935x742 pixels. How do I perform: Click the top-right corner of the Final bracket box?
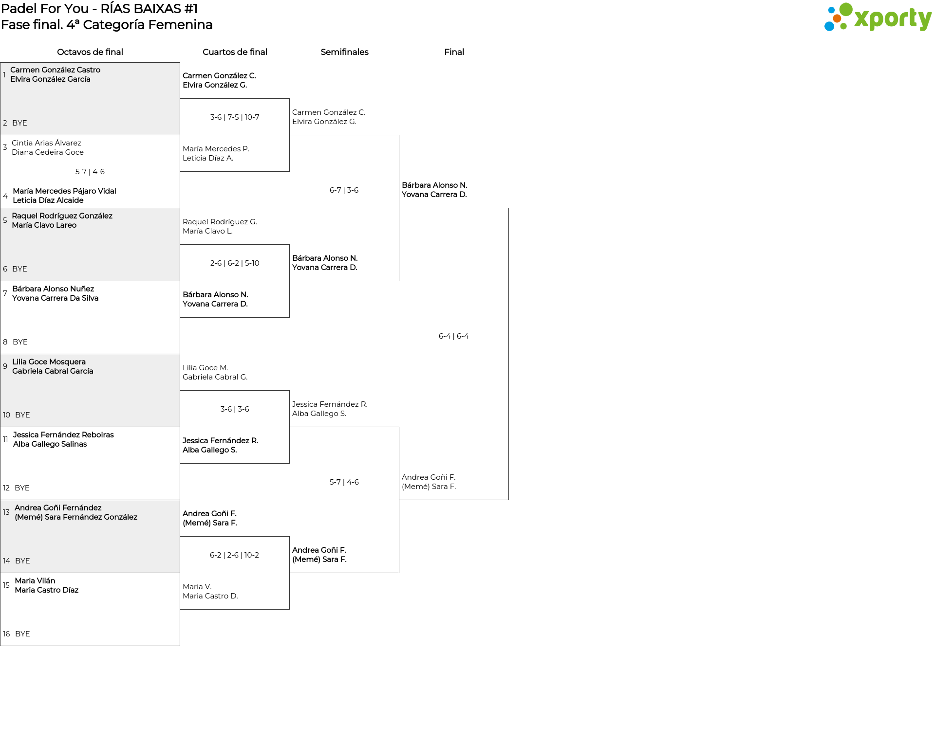click(x=508, y=208)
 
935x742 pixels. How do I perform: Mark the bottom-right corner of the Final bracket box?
click(x=508, y=500)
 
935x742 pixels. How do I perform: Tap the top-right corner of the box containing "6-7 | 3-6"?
click(x=399, y=135)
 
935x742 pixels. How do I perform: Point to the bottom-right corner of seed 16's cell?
click(x=180, y=646)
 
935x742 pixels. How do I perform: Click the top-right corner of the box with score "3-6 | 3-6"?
click(x=289, y=391)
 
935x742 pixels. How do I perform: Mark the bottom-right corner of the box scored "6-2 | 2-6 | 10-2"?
click(x=289, y=609)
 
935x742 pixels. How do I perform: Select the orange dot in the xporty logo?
click(x=837, y=18)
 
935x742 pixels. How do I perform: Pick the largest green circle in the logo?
click(x=846, y=10)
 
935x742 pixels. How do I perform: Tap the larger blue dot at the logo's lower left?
click(x=829, y=26)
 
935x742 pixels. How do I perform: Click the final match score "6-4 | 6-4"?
click(x=453, y=336)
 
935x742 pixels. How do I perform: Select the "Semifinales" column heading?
click(x=344, y=52)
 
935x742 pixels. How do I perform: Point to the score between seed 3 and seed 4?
click(x=90, y=172)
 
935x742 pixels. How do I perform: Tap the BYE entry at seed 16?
click(x=22, y=634)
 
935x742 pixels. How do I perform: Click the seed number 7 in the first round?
click(x=5, y=293)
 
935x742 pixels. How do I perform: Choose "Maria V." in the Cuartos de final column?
click(x=197, y=587)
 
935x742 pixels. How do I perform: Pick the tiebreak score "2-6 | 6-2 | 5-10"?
click(x=235, y=263)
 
